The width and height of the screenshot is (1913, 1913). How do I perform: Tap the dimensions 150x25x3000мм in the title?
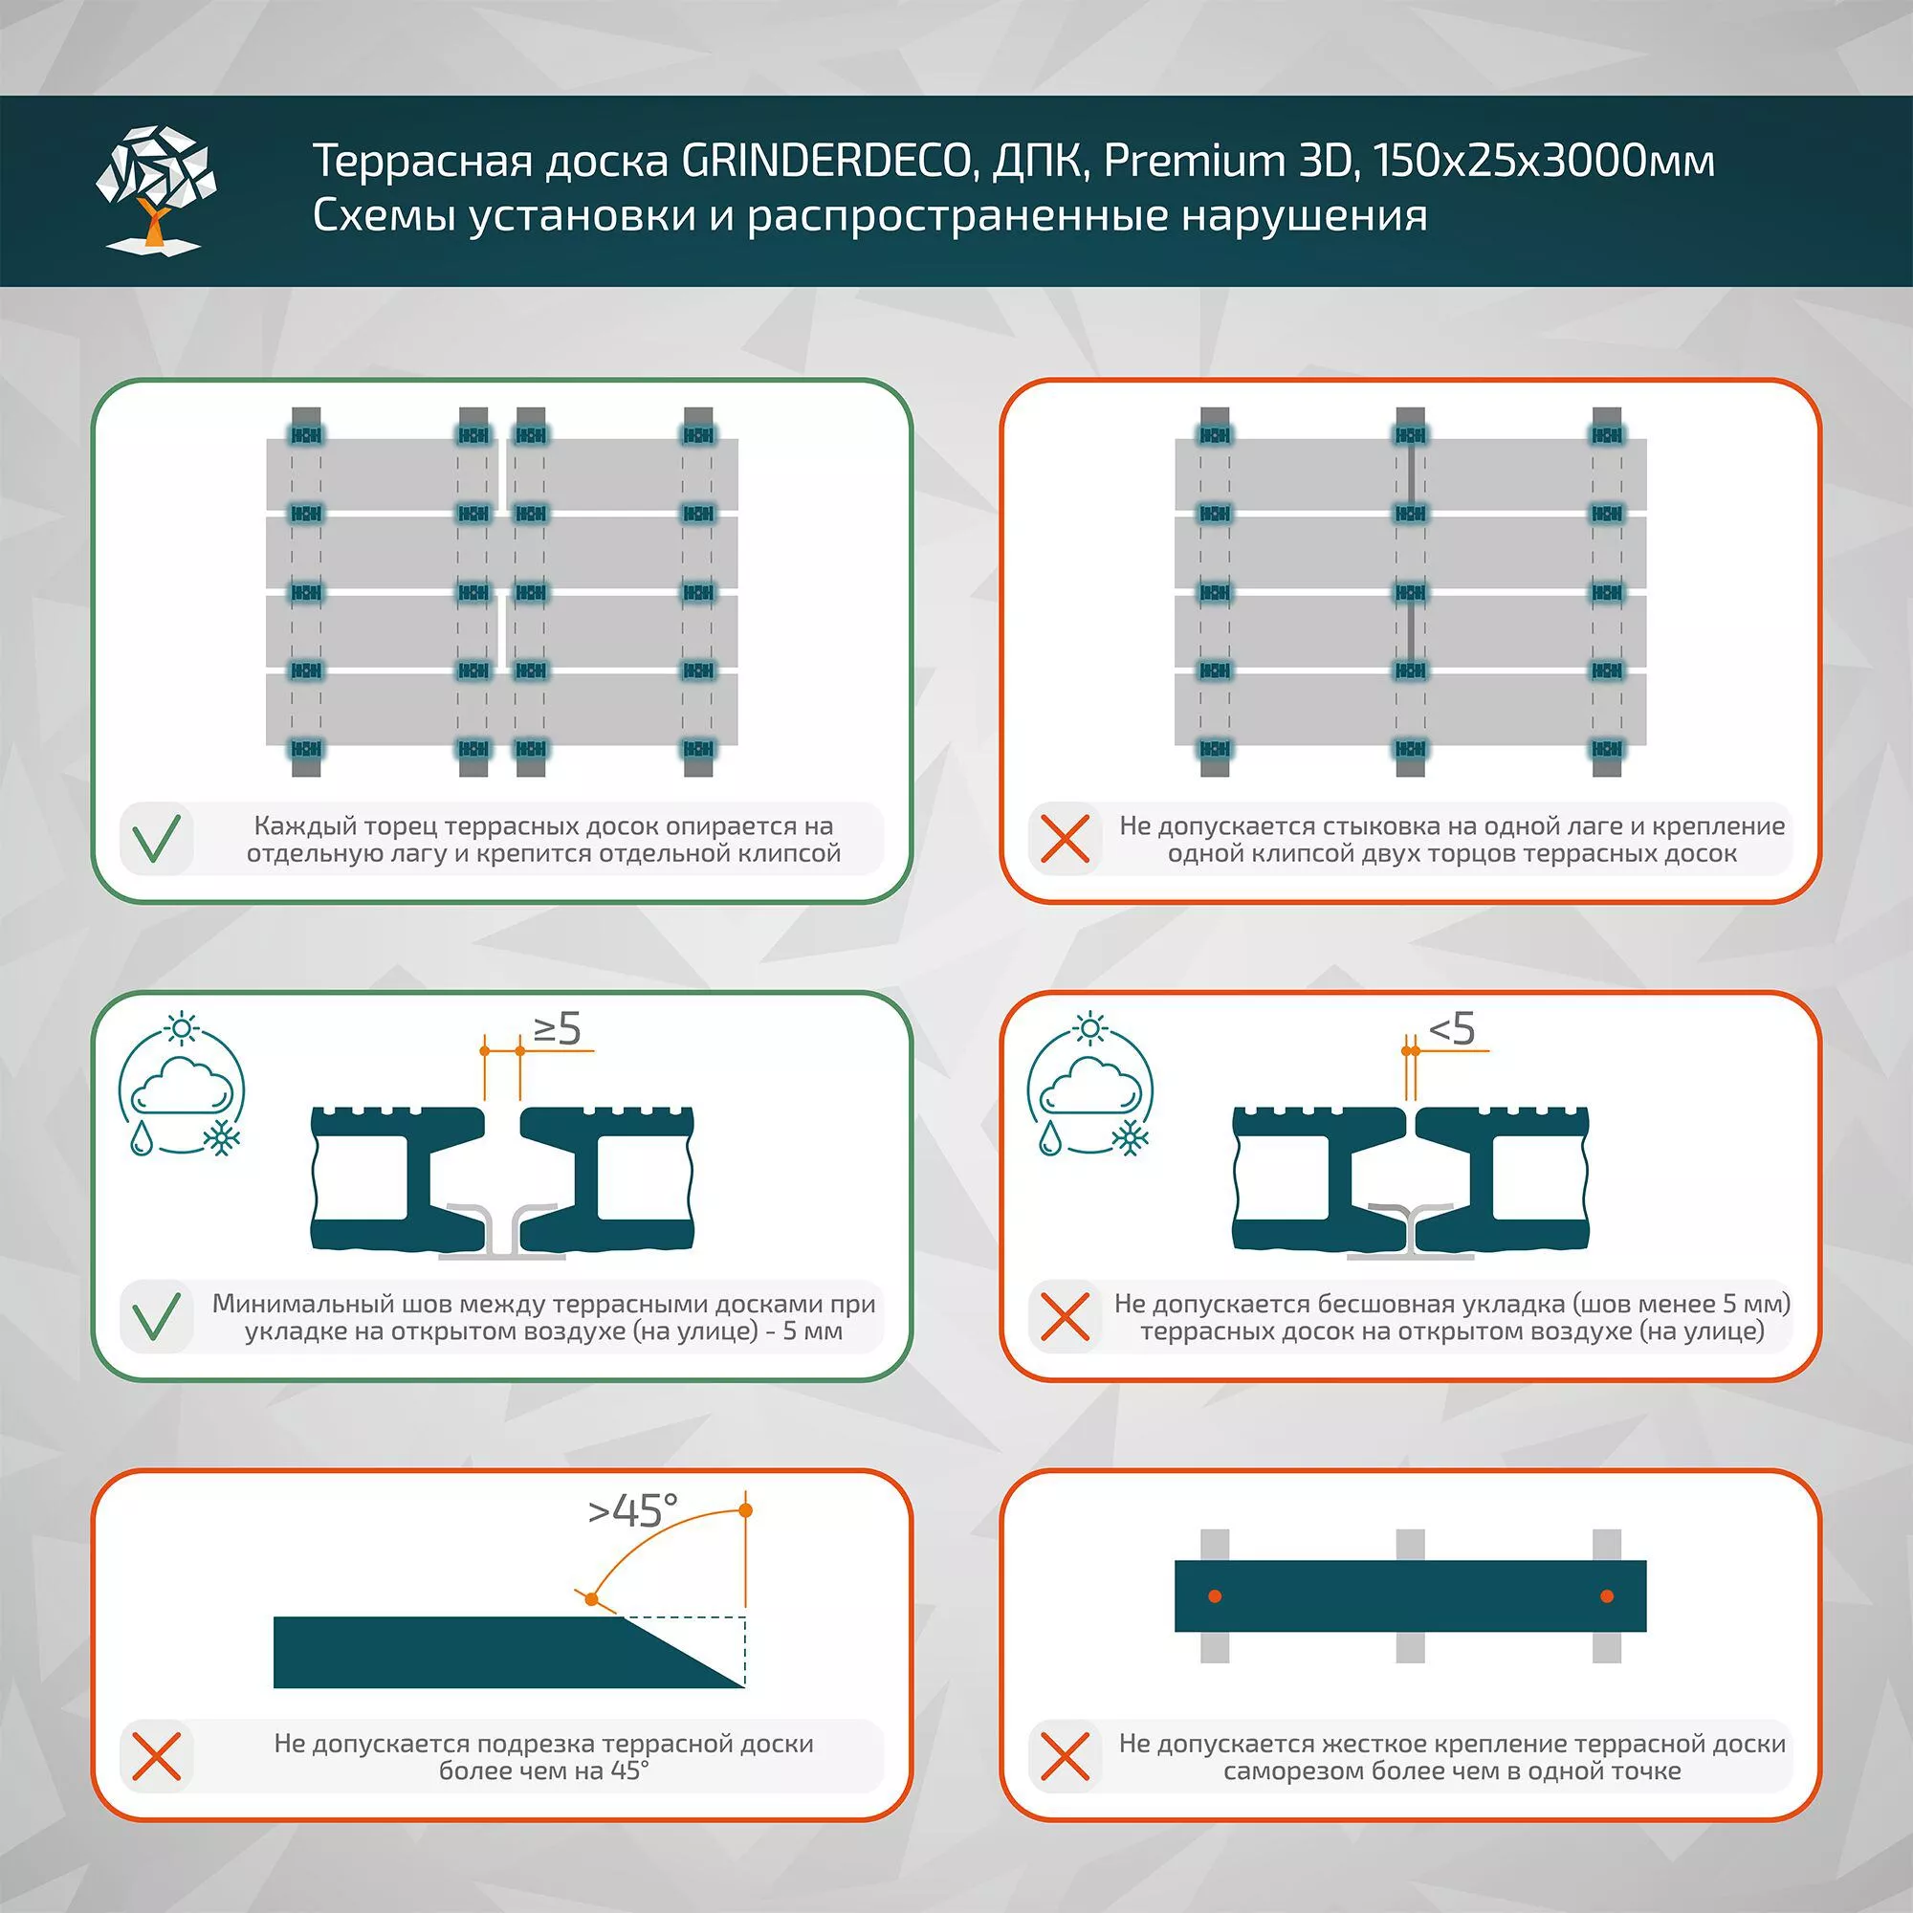(1544, 162)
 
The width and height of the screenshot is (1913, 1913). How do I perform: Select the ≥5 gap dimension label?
(558, 1030)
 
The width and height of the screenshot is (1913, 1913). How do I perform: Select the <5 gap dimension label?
(1453, 1030)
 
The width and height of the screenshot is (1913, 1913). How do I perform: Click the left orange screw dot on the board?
(1215, 1596)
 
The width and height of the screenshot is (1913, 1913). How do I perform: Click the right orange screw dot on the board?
(1606, 1596)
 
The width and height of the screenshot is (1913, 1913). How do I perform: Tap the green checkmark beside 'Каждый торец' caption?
(157, 839)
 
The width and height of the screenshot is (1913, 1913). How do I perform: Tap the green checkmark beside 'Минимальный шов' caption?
(157, 1317)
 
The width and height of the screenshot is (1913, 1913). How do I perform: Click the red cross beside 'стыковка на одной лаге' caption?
(1066, 839)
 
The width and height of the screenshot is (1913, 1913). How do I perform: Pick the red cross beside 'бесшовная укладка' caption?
(1066, 1317)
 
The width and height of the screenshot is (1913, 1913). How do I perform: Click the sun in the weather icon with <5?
(1090, 1029)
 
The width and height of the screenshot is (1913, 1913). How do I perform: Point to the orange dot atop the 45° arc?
(746, 1510)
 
